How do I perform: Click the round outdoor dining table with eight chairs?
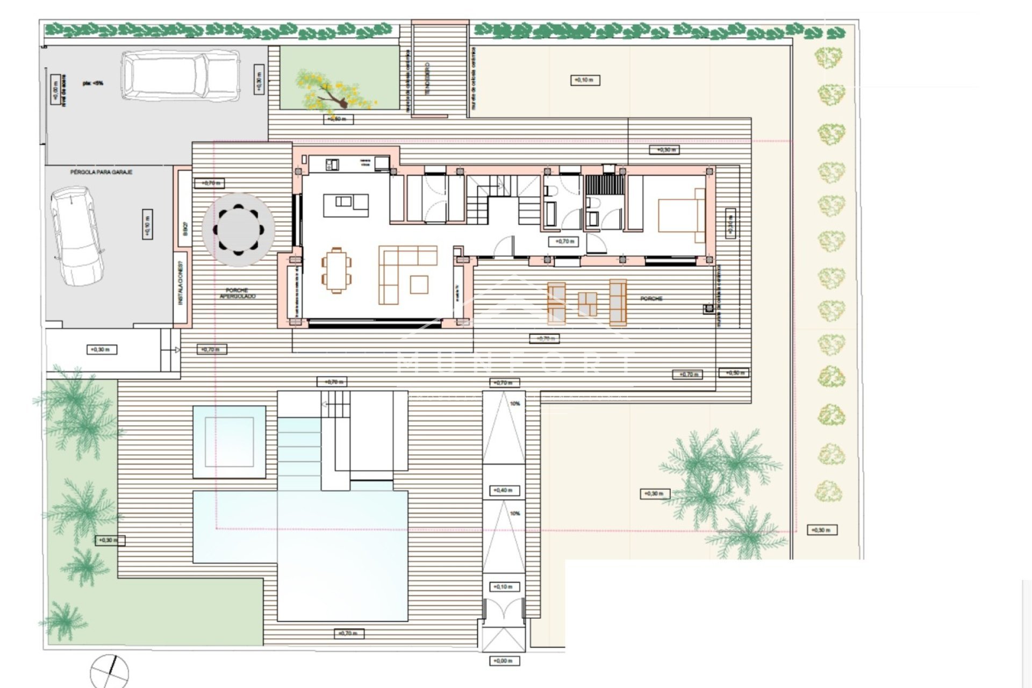tap(238, 230)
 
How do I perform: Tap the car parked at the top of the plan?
tap(180, 75)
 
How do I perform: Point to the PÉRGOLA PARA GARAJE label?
tap(101, 172)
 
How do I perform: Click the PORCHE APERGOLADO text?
tap(238, 293)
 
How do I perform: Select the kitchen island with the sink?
tap(346, 204)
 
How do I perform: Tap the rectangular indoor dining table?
tap(337, 270)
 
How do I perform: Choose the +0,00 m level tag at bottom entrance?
tap(503, 661)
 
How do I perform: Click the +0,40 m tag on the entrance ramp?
tap(504, 490)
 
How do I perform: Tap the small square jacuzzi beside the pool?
tap(230, 442)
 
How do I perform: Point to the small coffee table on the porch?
tap(587, 304)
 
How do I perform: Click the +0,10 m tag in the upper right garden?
tap(584, 80)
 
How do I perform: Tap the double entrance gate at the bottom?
tap(503, 613)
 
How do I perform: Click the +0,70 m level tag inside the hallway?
tap(564, 242)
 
